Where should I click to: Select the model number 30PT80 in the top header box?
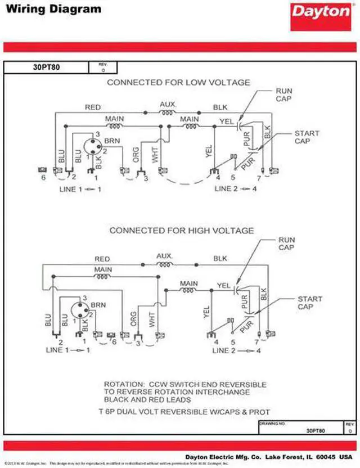46,67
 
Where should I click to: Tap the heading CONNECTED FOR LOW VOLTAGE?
178,83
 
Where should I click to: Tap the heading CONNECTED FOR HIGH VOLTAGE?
181,231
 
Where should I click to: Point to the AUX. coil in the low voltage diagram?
167,112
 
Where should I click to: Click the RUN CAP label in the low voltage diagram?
284,94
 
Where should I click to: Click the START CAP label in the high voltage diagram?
310,303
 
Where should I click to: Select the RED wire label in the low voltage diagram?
93,107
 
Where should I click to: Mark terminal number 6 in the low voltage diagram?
43,178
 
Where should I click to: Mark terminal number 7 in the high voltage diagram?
256,341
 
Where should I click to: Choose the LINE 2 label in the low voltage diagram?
227,188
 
